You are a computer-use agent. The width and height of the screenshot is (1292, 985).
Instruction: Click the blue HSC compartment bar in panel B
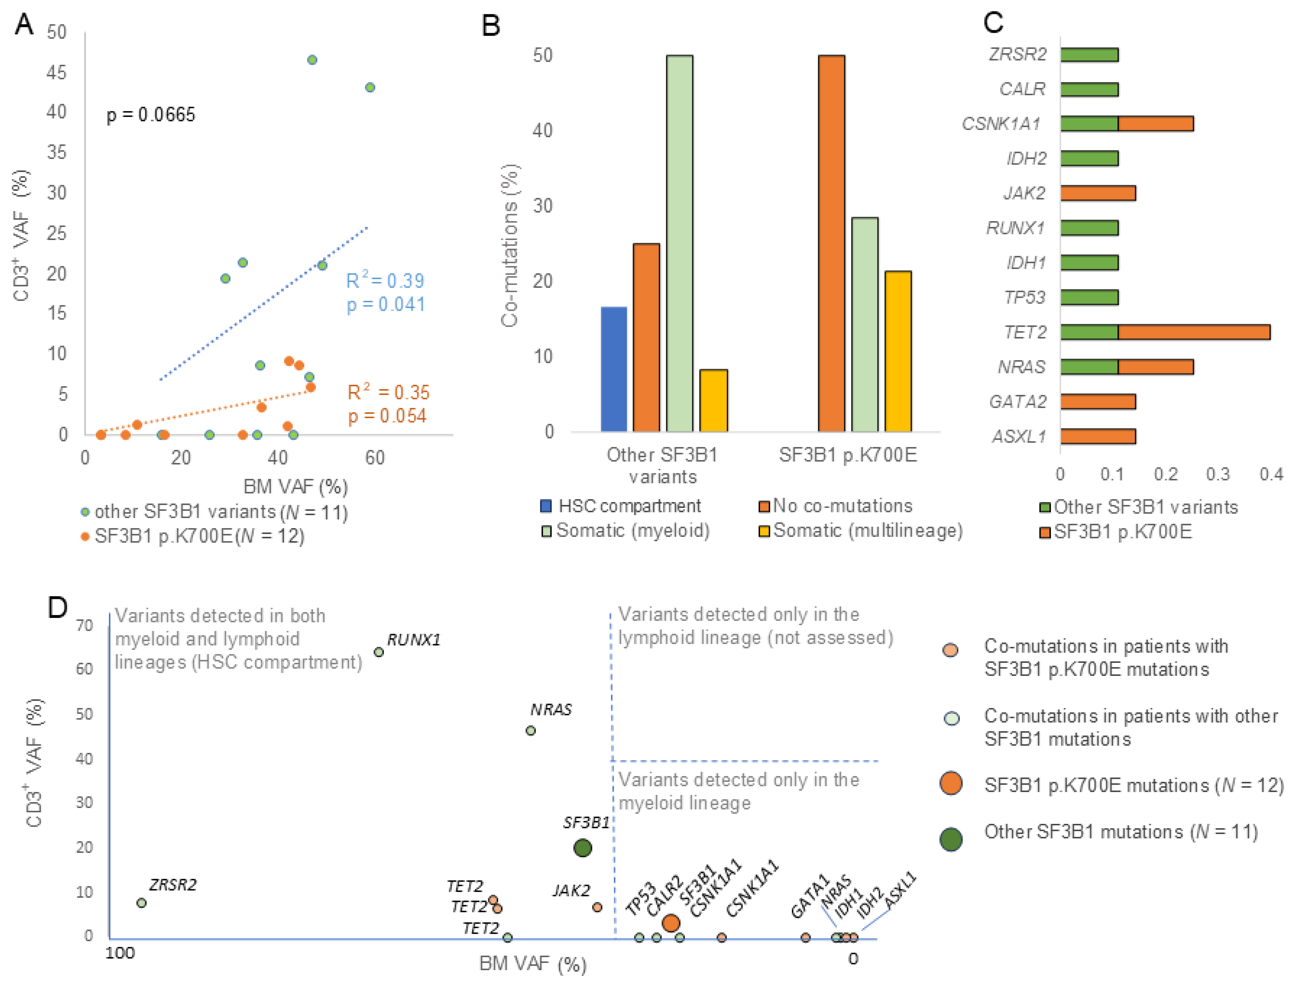(x=614, y=369)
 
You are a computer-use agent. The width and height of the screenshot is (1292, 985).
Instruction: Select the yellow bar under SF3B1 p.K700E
(x=898, y=351)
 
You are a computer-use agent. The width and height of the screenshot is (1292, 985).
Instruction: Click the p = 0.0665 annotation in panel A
(x=151, y=115)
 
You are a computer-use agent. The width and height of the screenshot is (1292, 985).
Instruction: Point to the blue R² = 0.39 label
(x=385, y=280)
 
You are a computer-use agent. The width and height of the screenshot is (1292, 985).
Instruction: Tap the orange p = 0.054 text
(x=387, y=416)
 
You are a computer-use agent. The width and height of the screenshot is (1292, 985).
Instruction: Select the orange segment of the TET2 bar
(x=1194, y=332)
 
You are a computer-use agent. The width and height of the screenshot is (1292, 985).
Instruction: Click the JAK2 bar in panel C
(x=1098, y=193)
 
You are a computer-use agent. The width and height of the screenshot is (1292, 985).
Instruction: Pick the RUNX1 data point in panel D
(x=379, y=652)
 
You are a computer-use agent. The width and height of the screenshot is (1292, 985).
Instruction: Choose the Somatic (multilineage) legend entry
(x=861, y=531)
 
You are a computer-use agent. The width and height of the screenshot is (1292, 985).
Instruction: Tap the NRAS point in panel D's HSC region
(x=530, y=730)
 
